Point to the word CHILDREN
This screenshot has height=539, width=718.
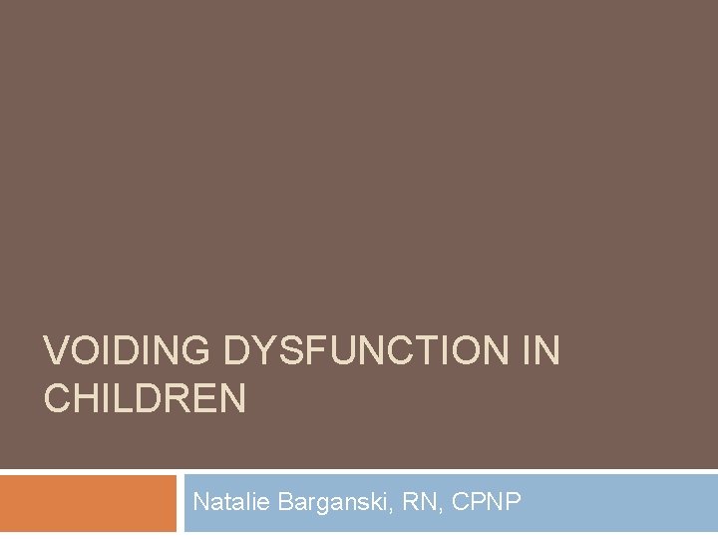coord(145,399)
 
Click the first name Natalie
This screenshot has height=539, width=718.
coord(224,502)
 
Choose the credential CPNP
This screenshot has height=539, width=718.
coord(486,502)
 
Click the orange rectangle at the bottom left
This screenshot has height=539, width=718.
coord(88,504)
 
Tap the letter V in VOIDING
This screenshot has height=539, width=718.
coord(56,351)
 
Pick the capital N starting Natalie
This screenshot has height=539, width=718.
coord(200,502)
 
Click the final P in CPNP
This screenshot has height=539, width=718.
coord(513,502)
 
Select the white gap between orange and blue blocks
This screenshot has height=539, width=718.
coord(179,504)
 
